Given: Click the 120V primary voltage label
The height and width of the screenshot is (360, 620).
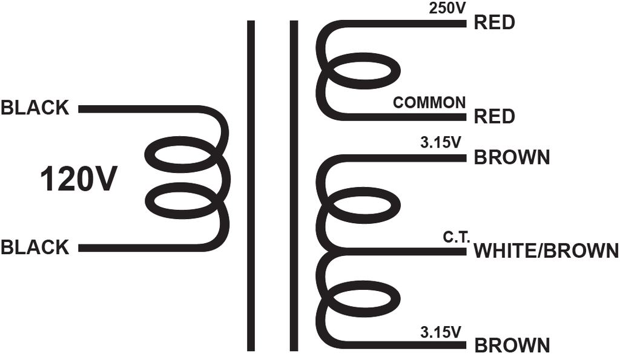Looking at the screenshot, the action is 79,179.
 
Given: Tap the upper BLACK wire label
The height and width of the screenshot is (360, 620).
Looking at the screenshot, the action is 35,108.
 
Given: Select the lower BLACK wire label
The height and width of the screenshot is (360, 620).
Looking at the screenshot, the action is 35,247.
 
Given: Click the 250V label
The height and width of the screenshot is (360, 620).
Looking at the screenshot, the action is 447,8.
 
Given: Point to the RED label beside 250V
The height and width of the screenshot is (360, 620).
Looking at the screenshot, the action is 494,22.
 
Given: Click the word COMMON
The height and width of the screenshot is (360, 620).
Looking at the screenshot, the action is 429,103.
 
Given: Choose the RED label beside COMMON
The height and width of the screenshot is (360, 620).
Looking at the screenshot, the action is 494,116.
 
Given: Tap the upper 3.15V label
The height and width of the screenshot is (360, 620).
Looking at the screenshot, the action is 441,143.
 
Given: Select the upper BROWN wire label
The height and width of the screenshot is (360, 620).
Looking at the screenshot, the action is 512,157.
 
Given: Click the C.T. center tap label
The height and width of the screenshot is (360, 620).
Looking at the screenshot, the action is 456,237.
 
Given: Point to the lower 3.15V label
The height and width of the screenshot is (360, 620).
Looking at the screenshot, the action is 441,332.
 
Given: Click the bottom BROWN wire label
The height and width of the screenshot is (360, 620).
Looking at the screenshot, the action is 512,345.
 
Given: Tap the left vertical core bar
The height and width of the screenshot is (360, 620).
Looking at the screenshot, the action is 251,186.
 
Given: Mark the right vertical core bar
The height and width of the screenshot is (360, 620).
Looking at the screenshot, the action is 294,186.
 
